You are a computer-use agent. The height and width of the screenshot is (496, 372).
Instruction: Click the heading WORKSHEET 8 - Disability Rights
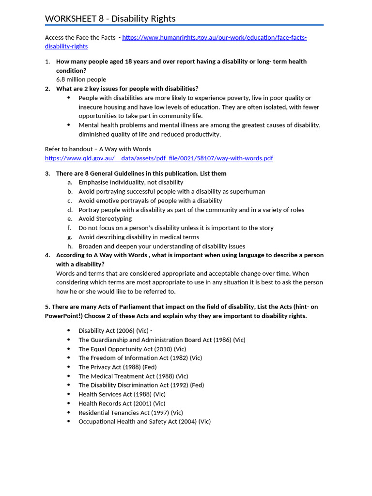tap(110, 18)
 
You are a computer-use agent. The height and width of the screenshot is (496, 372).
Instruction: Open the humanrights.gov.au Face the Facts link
tap(214, 37)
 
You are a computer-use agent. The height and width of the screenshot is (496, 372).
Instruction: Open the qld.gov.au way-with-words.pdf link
tap(159, 158)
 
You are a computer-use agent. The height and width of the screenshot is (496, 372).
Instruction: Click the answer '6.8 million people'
tap(81, 79)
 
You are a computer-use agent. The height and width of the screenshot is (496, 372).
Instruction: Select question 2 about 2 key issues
tap(127, 89)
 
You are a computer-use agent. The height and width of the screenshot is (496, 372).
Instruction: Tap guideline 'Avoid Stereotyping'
tap(105, 219)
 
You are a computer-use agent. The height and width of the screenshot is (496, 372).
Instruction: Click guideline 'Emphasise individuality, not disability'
tap(131, 183)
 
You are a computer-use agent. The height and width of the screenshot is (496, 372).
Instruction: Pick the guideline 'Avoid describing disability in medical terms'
tap(139, 237)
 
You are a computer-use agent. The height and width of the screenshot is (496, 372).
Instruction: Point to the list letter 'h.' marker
tap(70, 246)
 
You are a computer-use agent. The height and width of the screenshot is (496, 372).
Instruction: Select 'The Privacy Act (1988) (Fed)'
tap(117, 367)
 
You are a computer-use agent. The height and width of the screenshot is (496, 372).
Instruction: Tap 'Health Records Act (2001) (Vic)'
tap(122, 403)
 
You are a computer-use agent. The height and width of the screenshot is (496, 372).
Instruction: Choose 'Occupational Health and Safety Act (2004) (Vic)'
tap(144, 421)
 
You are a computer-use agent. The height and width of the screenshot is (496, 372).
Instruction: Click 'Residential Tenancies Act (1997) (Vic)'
tap(131, 413)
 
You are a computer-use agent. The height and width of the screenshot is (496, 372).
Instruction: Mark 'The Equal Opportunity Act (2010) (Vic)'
tap(132, 349)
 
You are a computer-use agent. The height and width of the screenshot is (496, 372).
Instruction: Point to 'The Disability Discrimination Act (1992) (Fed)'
tap(141, 385)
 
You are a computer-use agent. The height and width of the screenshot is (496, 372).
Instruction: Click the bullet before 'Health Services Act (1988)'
tap(68, 394)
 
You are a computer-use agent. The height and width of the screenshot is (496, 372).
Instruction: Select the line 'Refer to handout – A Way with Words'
tap(98, 149)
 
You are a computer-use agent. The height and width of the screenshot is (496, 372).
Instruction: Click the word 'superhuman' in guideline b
tap(248, 191)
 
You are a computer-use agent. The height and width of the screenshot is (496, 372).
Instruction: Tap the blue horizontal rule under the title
tap(184, 25)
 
